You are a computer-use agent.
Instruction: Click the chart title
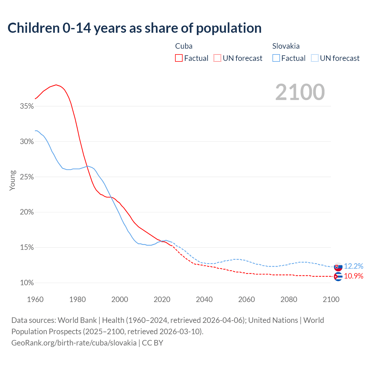click(134, 28)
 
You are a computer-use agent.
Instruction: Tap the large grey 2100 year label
click(300, 92)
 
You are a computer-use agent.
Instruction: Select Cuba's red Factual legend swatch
click(179, 58)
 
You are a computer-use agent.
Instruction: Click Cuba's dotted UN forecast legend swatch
click(217, 58)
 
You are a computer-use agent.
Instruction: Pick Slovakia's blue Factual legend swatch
click(276, 58)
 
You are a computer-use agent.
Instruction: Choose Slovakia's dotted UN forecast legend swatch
click(315, 58)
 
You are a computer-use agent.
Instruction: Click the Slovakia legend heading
click(286, 46)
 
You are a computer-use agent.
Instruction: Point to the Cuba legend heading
click(184, 46)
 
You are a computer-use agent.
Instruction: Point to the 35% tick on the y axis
click(27, 106)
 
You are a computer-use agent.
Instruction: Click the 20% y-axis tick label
click(27, 212)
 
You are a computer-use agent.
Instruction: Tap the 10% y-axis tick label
click(27, 283)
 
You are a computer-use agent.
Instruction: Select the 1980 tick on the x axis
click(77, 299)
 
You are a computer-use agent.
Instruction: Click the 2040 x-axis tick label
click(204, 299)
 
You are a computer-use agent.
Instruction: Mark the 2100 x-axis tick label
click(331, 299)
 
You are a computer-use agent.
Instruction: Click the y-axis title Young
click(12, 180)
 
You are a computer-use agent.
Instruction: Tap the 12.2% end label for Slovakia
click(354, 266)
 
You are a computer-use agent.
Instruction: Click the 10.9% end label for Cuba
click(354, 276)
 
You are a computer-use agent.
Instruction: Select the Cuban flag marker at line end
click(338, 277)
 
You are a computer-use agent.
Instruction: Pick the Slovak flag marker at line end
click(338, 267)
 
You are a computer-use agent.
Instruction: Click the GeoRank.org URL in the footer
click(74, 343)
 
